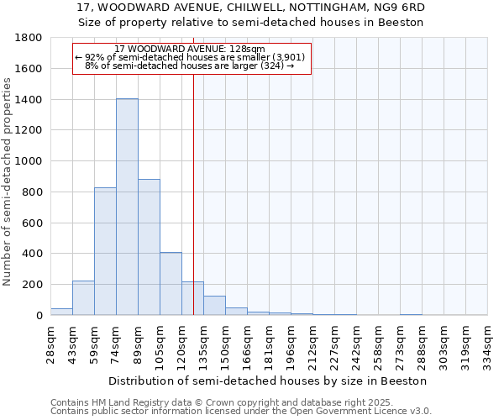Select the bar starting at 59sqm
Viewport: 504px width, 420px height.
click(105, 251)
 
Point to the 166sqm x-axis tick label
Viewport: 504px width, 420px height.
click(248, 344)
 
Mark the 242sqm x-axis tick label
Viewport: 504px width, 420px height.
click(357, 344)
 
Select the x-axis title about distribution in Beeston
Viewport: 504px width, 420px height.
click(269, 381)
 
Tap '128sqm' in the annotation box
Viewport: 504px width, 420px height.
click(249, 49)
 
